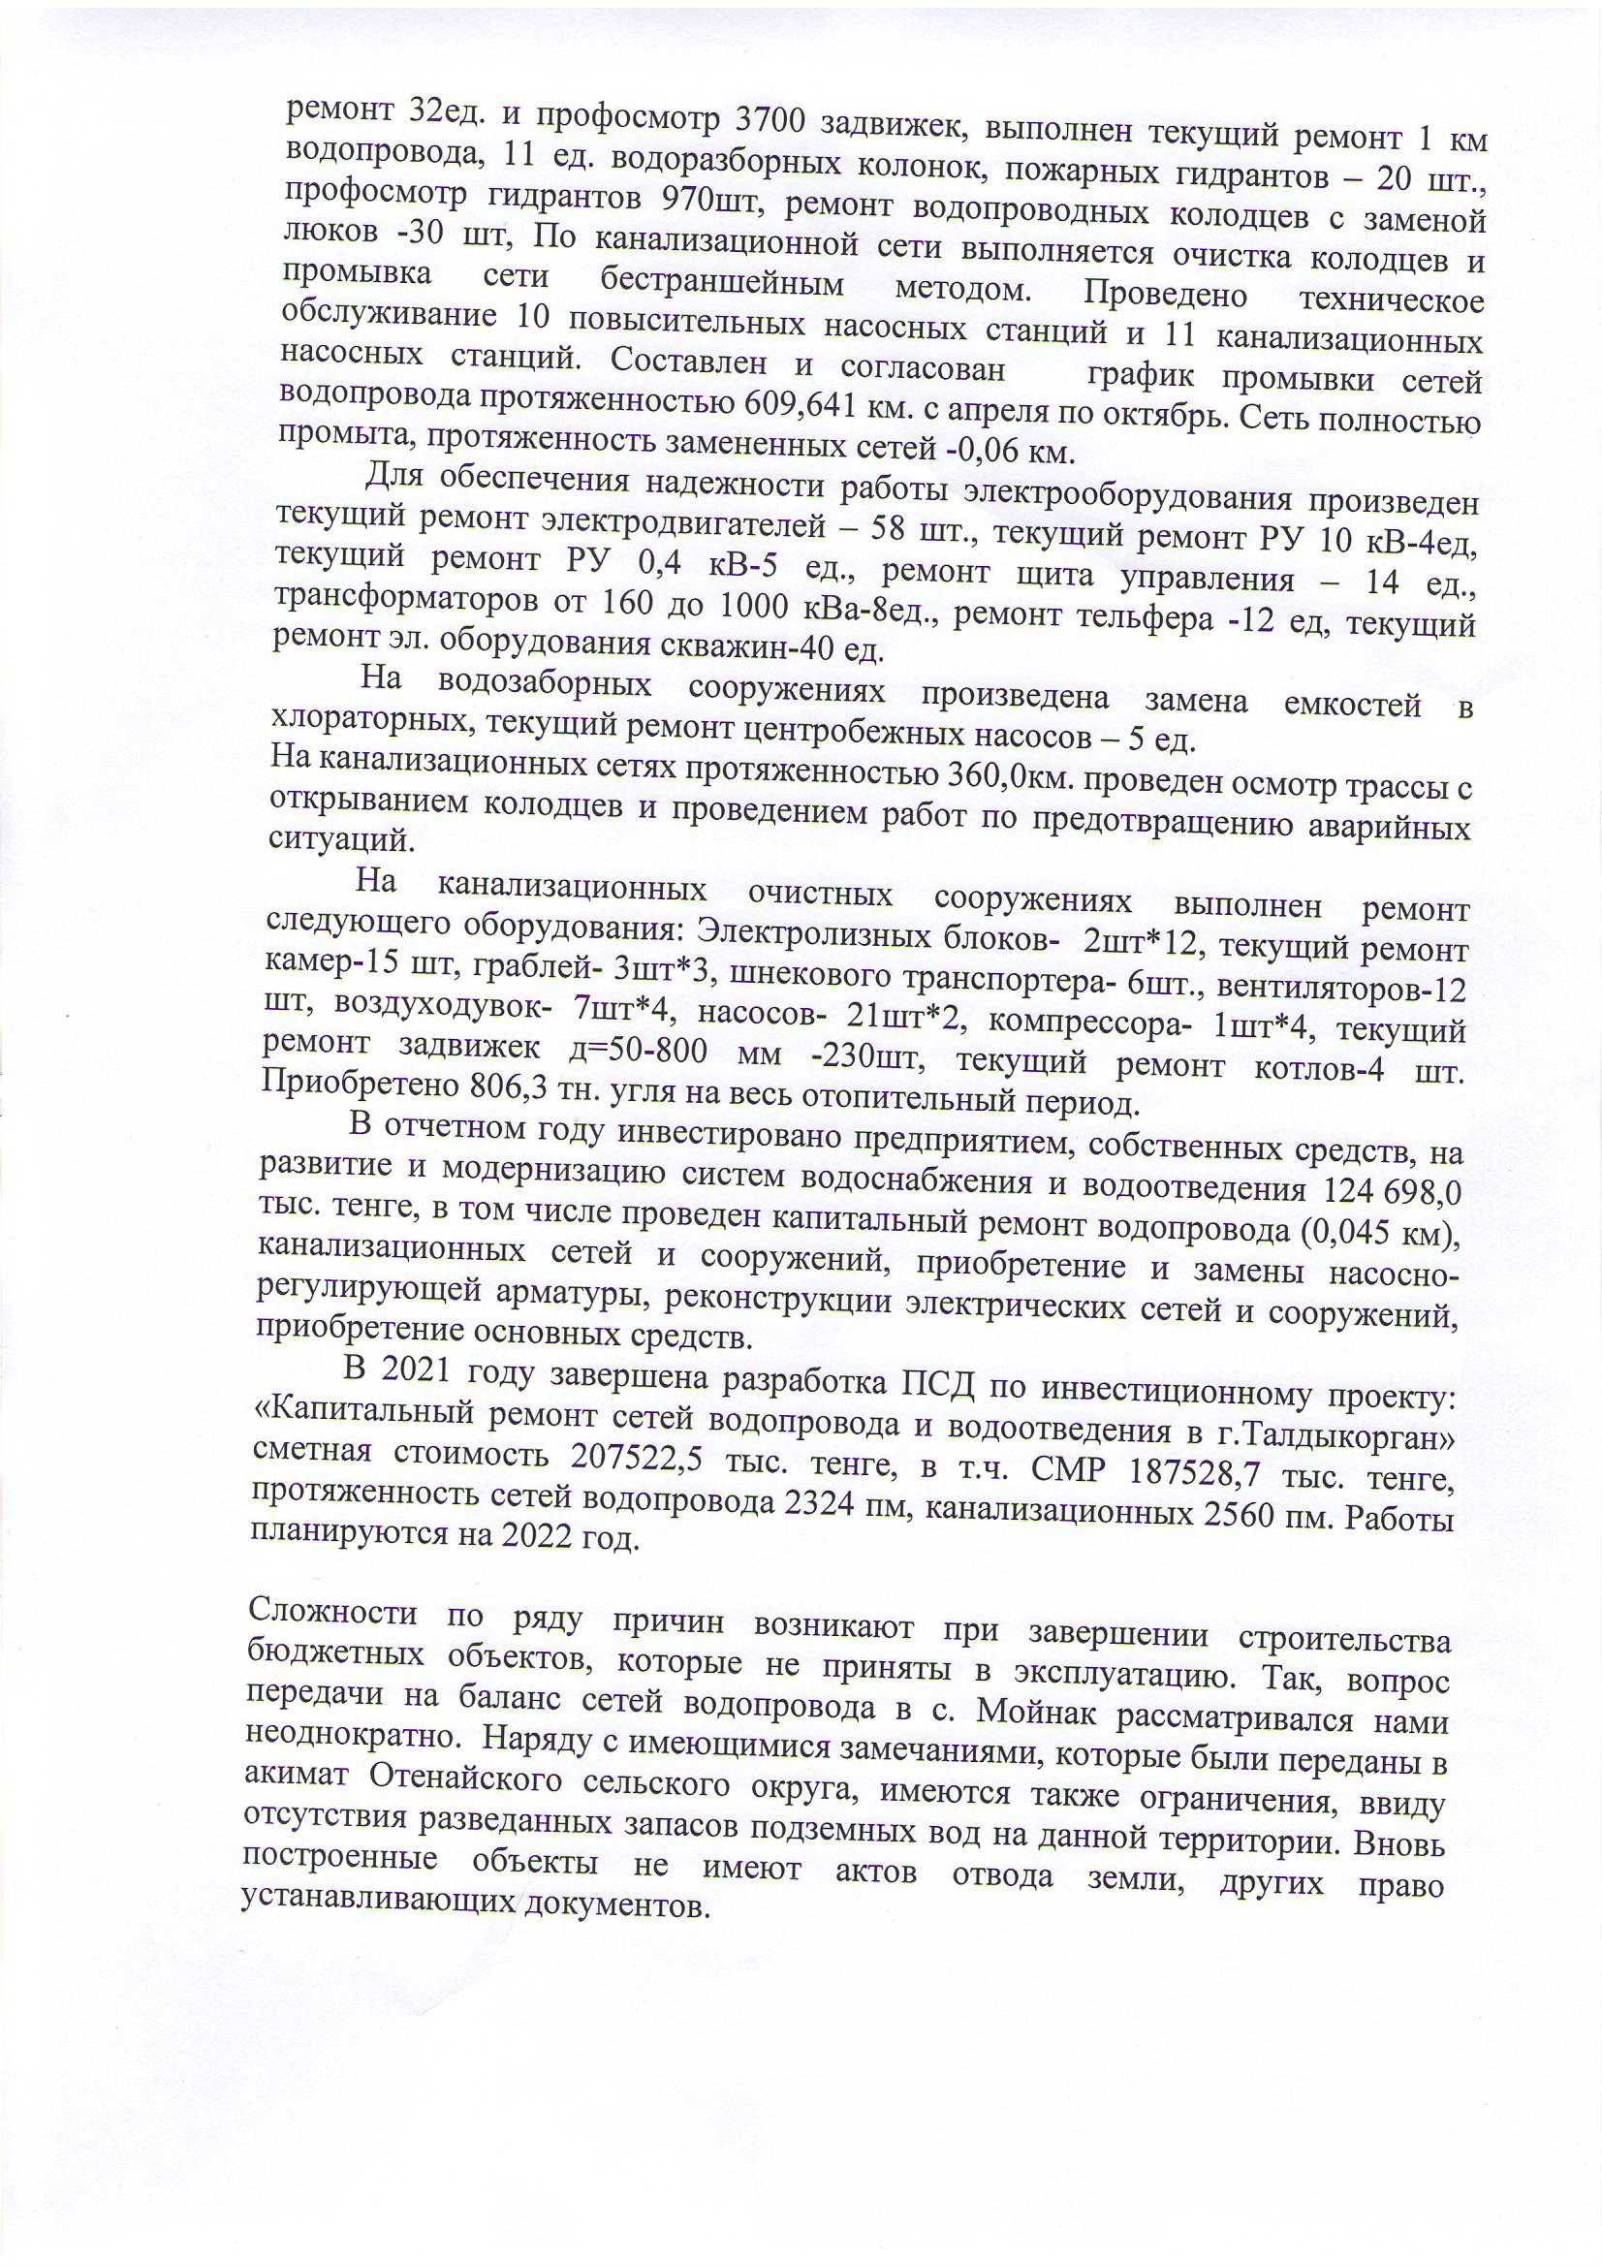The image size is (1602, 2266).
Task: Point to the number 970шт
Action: point(706,200)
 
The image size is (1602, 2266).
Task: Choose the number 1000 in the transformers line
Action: point(760,606)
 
